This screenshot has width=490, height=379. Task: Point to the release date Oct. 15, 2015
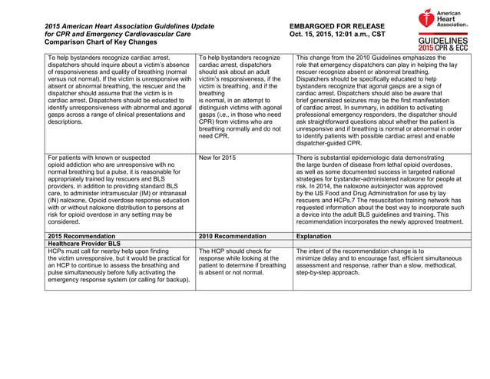316,35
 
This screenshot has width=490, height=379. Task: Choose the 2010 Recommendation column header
232,235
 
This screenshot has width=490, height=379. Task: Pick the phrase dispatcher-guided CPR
329,142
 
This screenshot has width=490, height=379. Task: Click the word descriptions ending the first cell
65,121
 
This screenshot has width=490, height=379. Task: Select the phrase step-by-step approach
330,272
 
